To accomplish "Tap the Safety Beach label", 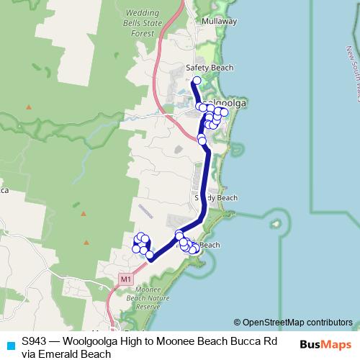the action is coord(210,68).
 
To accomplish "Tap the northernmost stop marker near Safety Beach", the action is coord(196,81).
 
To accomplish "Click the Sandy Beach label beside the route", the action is coord(215,197).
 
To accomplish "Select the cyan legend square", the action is coord(10,344).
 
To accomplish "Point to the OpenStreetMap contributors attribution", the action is coord(297,323).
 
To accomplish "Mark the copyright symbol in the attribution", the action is coord(238,323).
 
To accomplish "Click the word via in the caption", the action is coord(29,354).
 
